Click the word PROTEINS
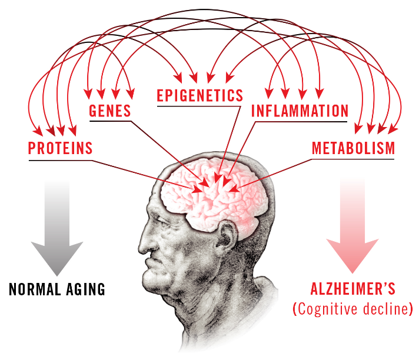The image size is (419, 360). point(61,148)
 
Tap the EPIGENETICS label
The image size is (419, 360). point(199,95)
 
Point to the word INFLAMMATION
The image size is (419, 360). point(300,111)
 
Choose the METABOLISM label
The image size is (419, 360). point(353,148)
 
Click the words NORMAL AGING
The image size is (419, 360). point(57,289)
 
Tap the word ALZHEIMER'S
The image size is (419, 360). point(353,289)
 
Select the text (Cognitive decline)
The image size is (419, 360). point(353,309)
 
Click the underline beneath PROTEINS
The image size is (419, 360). point(61,160)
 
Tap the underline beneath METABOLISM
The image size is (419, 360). point(353,159)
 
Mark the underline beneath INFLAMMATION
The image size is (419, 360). point(300,122)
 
